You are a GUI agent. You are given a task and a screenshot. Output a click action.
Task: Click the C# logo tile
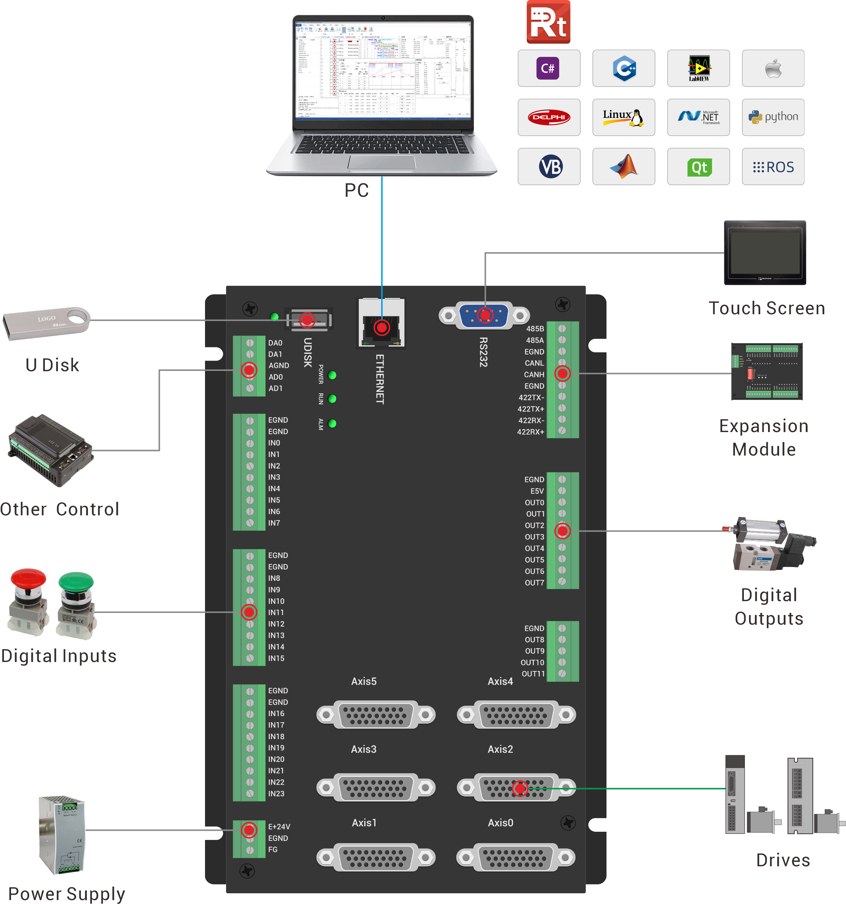548,68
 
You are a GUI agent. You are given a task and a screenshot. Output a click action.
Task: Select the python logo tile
773,117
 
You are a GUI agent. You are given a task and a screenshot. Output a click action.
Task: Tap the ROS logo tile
773,167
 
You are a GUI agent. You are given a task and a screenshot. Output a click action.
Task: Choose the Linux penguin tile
623,117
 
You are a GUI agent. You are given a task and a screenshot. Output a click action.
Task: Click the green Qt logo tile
698,167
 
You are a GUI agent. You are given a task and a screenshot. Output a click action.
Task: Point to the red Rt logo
548,22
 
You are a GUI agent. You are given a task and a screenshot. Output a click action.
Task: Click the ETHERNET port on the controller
381,324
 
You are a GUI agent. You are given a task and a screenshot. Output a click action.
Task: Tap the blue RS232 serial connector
484,315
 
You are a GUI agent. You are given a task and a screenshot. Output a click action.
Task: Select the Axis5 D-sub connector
376,714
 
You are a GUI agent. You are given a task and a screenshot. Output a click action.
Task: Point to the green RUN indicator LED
332,399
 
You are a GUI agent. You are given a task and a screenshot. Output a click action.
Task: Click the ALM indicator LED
332,424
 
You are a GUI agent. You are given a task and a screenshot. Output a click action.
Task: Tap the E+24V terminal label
279,827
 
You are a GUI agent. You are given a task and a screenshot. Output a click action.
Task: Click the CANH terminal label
534,375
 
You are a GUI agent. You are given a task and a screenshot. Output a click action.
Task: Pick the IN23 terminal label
276,794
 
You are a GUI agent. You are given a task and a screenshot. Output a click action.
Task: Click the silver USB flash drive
46,322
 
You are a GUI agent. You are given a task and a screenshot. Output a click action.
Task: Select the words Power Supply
67,894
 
